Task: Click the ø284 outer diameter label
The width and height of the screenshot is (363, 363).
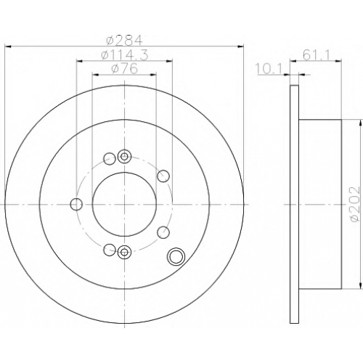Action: tap(124, 40)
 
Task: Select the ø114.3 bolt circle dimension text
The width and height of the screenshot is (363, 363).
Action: tap(124, 55)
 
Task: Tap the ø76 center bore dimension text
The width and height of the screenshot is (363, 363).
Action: tap(124, 69)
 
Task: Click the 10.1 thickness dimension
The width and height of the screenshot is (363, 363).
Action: tap(269, 69)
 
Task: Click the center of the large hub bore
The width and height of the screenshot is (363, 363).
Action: tap(124, 205)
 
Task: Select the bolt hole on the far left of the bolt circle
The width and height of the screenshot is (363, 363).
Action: tap(76, 205)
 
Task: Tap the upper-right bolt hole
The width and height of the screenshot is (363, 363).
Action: tap(163, 176)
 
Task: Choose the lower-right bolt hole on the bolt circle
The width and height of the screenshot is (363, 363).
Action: tap(163, 233)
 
